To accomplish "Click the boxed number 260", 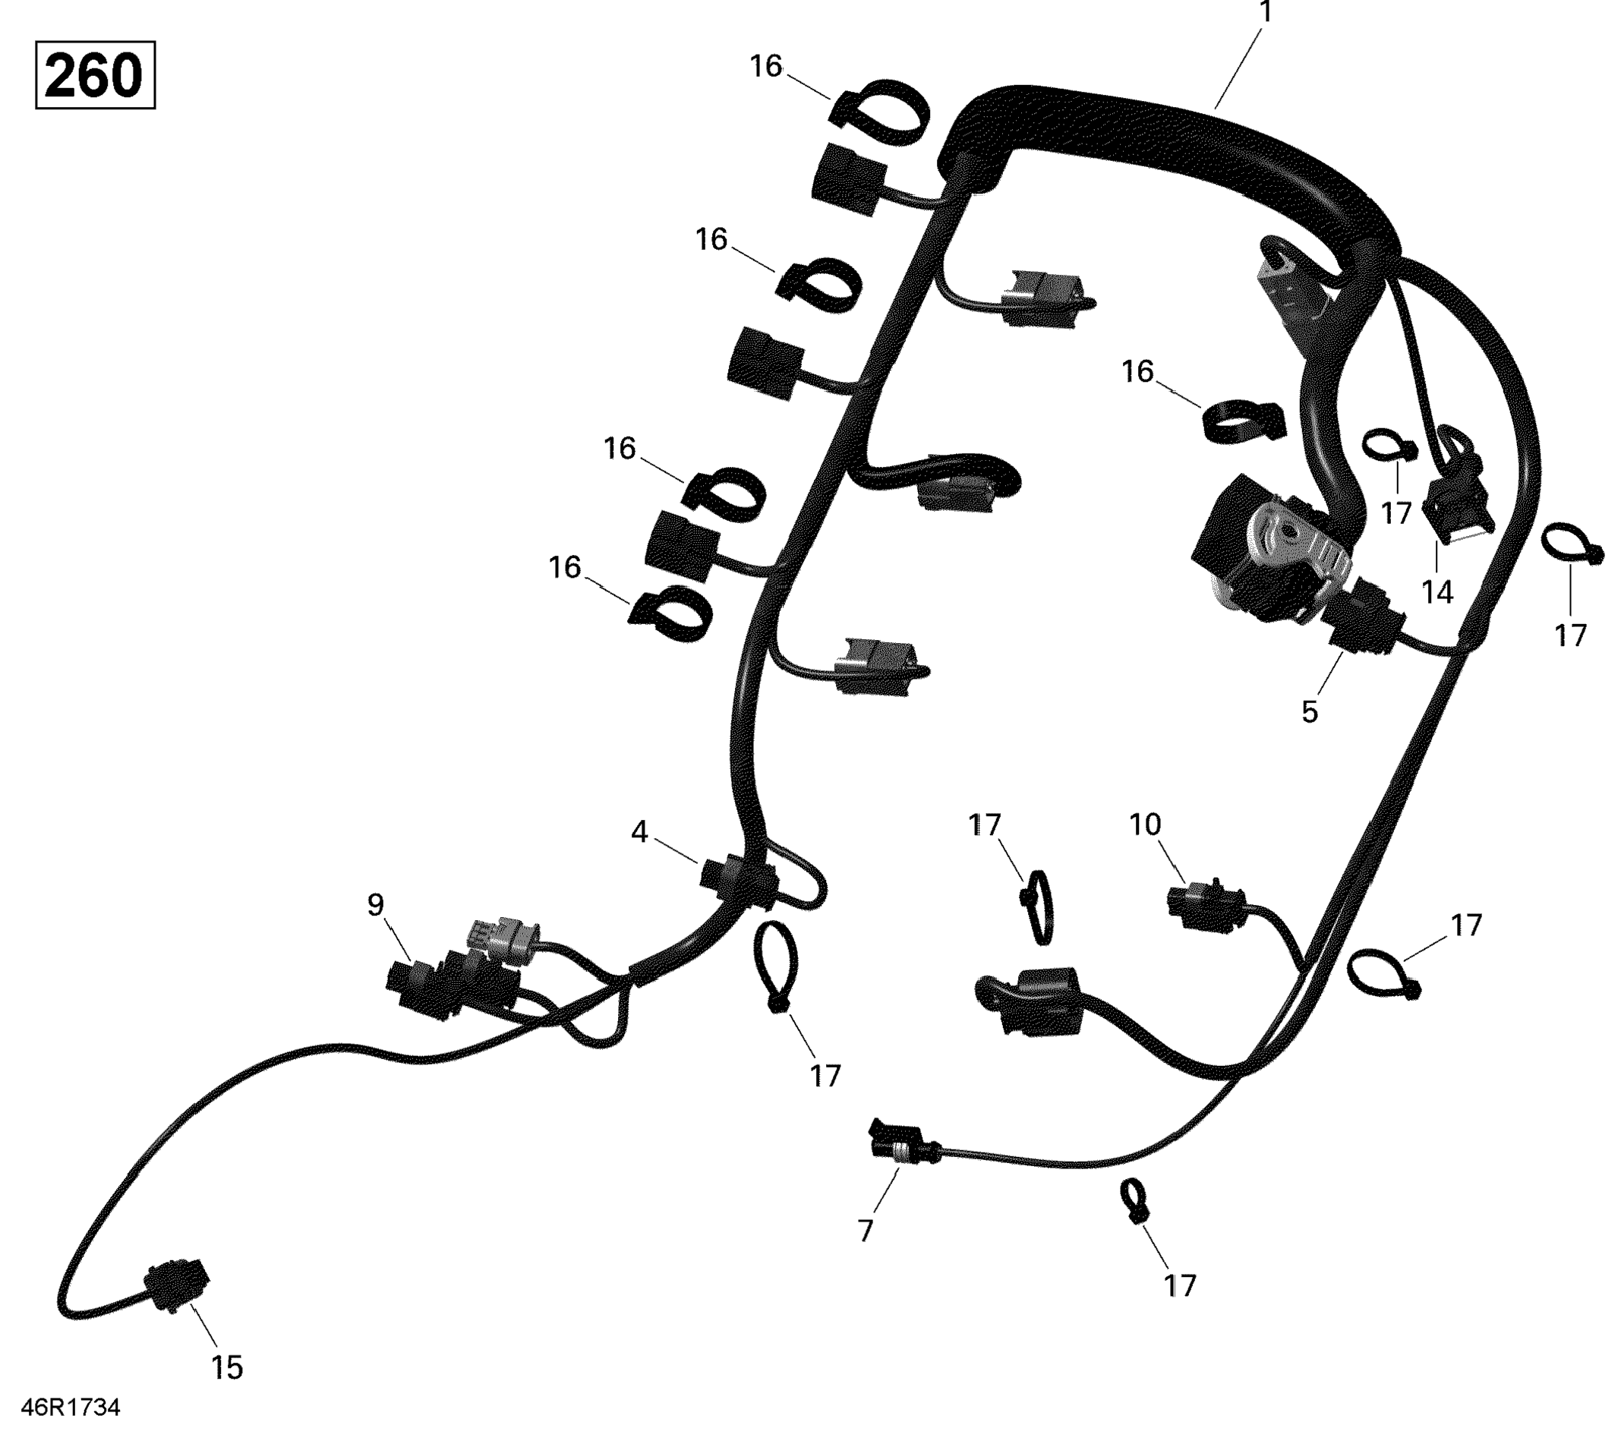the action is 94,75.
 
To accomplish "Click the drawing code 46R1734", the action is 71,1408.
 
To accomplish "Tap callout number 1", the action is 1266,13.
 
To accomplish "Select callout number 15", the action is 226,1367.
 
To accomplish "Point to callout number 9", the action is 375,903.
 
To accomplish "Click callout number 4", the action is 639,832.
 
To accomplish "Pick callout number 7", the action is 866,1231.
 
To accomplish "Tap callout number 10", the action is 1145,825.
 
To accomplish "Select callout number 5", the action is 1310,711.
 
